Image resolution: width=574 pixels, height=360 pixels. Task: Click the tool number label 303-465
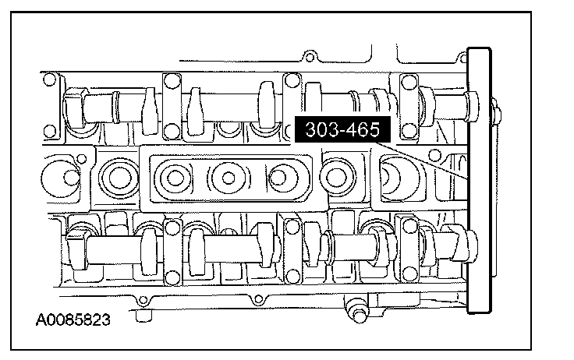click(342, 129)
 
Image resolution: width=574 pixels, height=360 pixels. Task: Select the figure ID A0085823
click(73, 319)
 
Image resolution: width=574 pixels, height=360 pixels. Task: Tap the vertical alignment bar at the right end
click(479, 180)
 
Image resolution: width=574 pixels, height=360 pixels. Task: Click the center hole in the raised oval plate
click(229, 178)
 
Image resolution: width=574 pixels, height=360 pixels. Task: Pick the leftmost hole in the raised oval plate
click(175, 178)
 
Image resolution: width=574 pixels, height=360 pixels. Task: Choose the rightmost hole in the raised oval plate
click(278, 178)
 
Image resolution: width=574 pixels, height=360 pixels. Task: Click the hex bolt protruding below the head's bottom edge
click(357, 311)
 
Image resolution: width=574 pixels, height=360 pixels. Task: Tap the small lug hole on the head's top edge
click(310, 57)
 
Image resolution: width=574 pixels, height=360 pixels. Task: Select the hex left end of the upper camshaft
click(74, 108)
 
